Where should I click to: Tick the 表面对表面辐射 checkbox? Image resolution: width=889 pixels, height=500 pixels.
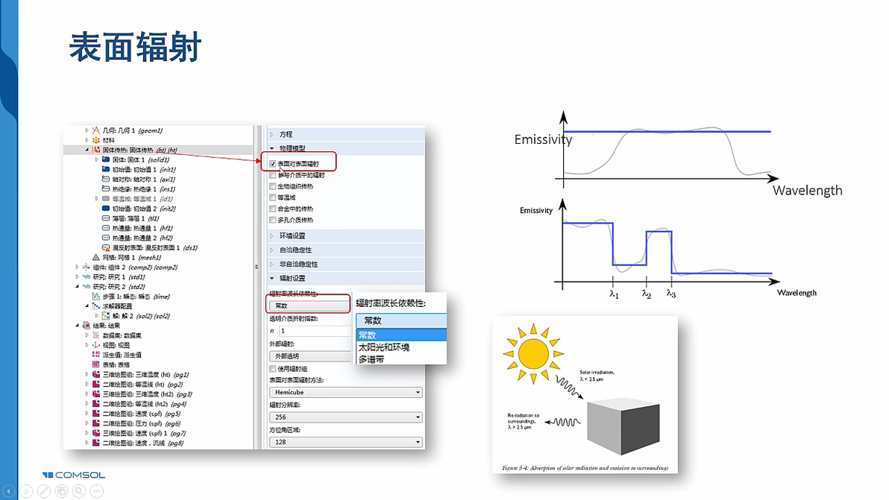(272, 163)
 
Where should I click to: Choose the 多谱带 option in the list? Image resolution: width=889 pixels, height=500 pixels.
(371, 359)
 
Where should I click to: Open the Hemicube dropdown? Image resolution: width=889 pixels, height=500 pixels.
(345, 392)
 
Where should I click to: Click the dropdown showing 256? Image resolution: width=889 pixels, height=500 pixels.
(345, 417)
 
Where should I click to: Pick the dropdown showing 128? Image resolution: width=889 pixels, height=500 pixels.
(345, 442)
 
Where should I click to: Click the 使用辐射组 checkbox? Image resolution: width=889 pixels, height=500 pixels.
(272, 368)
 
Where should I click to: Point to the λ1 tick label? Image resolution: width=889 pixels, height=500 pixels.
(614, 294)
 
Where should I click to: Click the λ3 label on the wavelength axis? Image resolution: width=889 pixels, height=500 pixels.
(671, 294)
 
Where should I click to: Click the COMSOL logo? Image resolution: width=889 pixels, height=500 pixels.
(74, 475)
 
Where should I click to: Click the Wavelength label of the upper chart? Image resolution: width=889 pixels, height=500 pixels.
(807, 190)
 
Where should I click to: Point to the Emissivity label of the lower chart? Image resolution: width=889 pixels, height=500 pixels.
(536, 211)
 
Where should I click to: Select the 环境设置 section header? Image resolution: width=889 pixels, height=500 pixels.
(292, 235)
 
